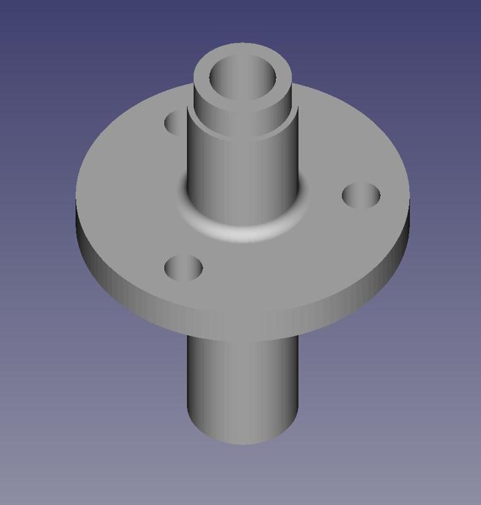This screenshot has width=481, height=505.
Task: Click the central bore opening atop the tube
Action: pos(243,80)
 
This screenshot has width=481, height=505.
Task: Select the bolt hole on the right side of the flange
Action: pos(361,195)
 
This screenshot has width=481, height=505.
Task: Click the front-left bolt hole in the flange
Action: pos(183,268)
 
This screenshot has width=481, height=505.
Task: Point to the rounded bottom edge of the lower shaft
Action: pos(243,442)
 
